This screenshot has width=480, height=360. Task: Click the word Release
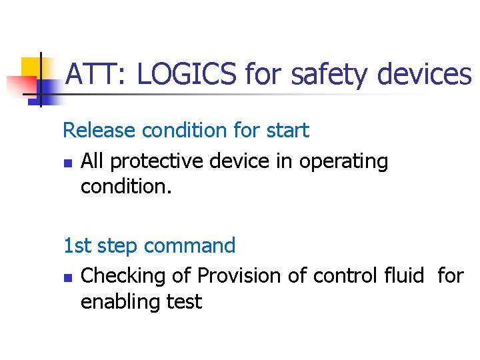coord(99,130)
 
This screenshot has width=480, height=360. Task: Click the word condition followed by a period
coord(126,187)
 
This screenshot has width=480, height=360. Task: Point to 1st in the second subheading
coord(77,245)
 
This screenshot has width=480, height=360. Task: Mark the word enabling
coord(123,302)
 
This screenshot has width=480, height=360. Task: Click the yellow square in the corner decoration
coord(32,68)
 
